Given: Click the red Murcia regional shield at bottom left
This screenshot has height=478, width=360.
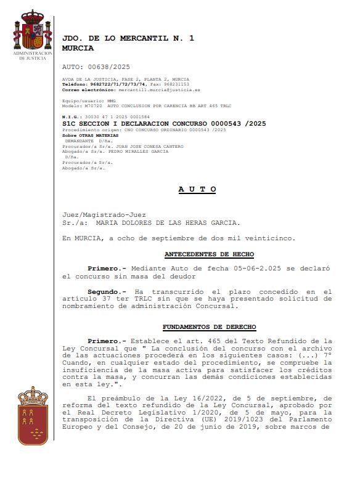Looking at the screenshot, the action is pos(33,415).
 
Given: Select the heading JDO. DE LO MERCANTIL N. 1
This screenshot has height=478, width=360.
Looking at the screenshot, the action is pos(128,38).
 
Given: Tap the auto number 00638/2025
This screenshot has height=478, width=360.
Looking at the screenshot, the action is pos(109,67).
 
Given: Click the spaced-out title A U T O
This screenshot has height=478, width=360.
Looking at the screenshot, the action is pos(197,189).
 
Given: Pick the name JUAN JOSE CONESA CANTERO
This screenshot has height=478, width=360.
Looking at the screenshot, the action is pos(146,146).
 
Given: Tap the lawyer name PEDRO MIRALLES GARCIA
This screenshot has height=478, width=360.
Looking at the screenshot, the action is pos(138,151).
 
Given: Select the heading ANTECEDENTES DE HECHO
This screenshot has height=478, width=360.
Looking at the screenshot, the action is pos(209,254).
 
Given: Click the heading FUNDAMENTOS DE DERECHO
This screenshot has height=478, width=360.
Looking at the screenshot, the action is pos(209,326).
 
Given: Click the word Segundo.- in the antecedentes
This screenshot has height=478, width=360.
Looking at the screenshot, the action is pos(107,291).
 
